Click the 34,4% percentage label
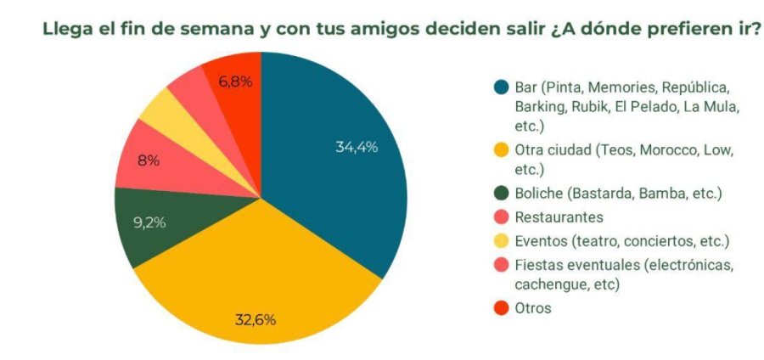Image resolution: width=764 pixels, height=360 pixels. (357, 147)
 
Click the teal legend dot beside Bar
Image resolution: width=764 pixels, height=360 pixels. (500, 87)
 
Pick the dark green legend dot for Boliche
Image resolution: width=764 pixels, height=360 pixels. (500, 194)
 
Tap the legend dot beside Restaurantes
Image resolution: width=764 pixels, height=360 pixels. (500, 217)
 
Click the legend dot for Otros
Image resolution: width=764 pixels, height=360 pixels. (500, 308)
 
